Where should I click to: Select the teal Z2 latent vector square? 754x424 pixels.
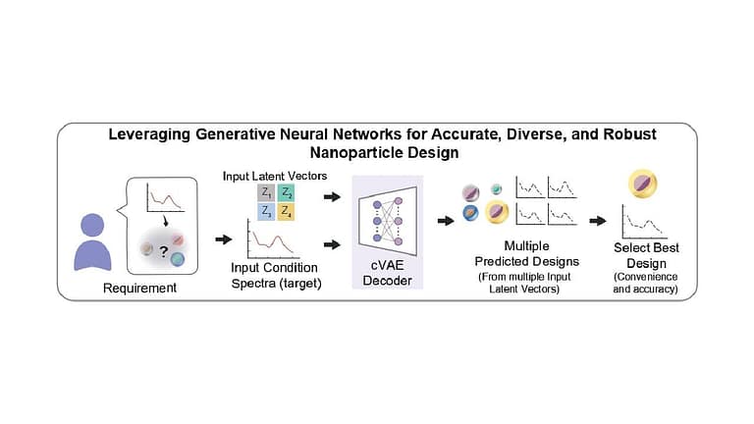coord(285,192)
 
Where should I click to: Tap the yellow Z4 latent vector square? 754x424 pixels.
coord(285,211)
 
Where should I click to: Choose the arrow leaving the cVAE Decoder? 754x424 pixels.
coord(446,221)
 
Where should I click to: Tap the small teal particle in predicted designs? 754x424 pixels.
coord(497,188)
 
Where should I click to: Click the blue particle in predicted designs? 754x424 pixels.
coord(469,212)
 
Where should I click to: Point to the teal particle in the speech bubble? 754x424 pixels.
coord(178,259)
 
